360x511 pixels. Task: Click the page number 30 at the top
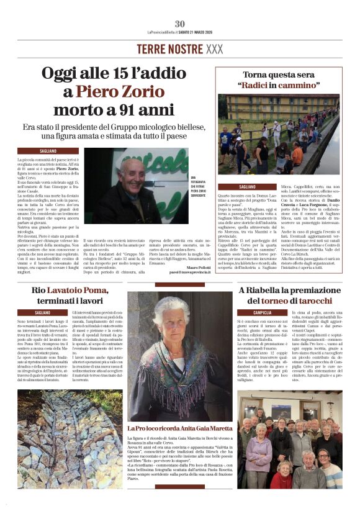[x=180, y=24]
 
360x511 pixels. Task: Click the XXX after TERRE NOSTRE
[x=214, y=48]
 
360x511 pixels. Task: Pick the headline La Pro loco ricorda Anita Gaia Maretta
[x=180, y=428]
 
